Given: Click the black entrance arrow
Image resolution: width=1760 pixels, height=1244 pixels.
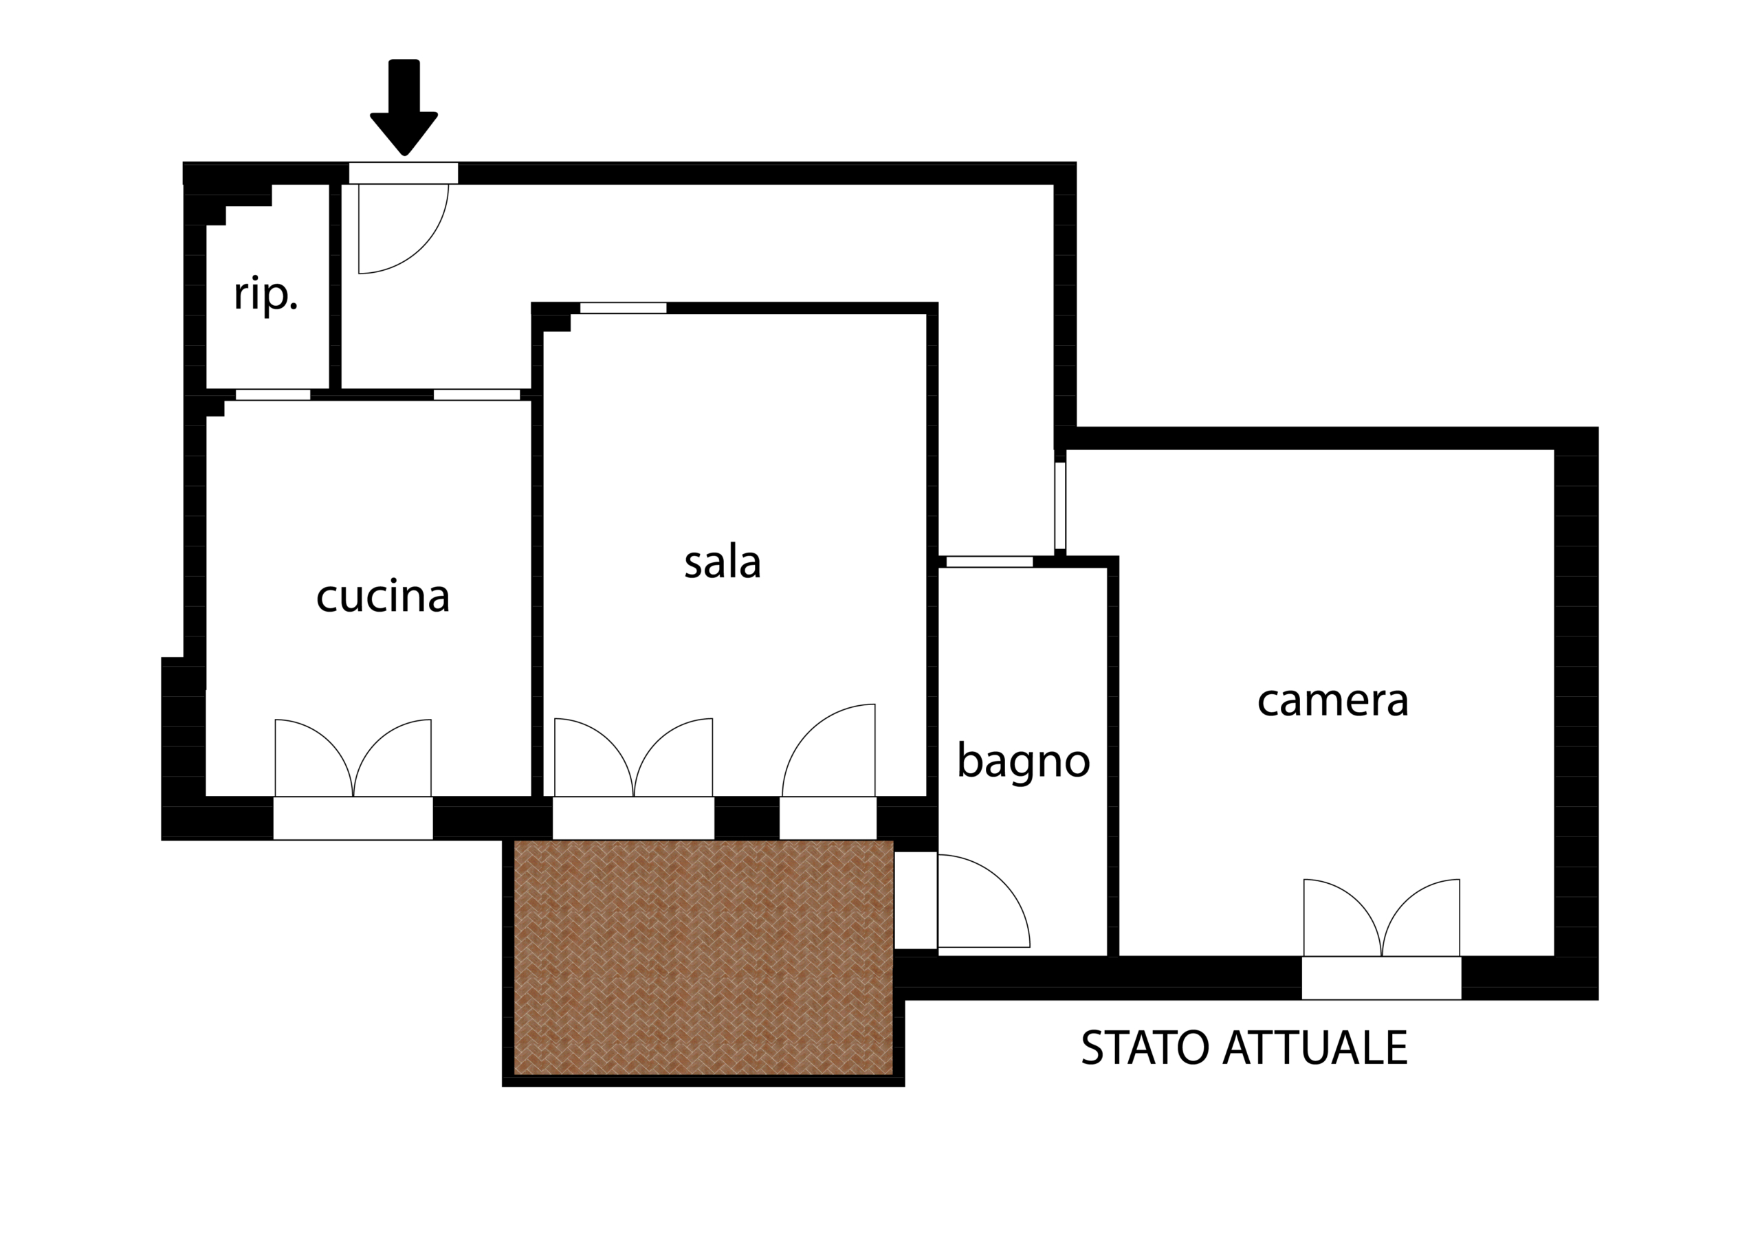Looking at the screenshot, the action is pyautogui.click(x=404, y=107).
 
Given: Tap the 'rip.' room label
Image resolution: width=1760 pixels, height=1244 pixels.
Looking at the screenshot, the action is pyautogui.click(x=265, y=294).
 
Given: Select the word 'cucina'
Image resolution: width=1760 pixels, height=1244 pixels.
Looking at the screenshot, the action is pyautogui.click(x=382, y=597).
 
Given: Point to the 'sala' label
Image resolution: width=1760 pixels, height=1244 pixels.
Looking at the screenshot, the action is pyautogui.click(x=722, y=563).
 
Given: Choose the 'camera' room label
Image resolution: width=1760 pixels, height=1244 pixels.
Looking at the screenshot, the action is pyautogui.click(x=1333, y=701).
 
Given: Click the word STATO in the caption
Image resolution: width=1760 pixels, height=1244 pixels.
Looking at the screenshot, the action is pyautogui.click(x=1146, y=1048).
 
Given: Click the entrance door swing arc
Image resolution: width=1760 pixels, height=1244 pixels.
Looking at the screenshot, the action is pyautogui.click(x=422, y=247).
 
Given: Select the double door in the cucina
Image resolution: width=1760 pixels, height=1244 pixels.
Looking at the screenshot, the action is pyautogui.click(x=353, y=758).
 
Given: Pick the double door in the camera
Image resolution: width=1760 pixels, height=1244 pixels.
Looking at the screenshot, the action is pyautogui.click(x=1381, y=918).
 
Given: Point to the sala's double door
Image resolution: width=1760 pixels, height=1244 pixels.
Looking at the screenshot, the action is pyautogui.click(x=633, y=757).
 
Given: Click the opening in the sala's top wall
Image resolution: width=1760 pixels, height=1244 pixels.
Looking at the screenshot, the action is pyautogui.click(x=623, y=308).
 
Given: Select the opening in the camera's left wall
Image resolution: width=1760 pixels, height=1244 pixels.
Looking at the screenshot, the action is pyautogui.click(x=1060, y=506).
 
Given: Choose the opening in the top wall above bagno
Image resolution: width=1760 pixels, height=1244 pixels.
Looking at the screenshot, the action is pyautogui.click(x=989, y=562).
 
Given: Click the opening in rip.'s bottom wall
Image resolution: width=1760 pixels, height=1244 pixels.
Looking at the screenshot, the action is pyautogui.click(x=273, y=395).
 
